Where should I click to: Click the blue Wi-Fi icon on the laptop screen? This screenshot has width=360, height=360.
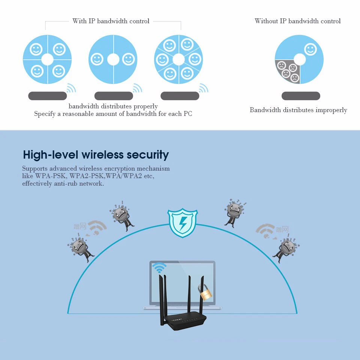coord(159,268)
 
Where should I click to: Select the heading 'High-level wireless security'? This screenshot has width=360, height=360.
coord(96,154)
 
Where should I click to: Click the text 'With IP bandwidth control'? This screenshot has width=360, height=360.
coord(111,21)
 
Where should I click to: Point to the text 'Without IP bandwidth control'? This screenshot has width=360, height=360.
coord(297,21)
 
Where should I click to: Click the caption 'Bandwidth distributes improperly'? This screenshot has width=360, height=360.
coord(298,110)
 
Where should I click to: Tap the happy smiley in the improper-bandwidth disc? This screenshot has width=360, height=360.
coord(310,49)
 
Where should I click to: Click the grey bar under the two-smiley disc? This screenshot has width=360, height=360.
coord(113,96)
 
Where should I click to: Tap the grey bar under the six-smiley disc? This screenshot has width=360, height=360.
coord(180,96)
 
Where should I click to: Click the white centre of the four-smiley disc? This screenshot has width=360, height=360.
coord(47,59)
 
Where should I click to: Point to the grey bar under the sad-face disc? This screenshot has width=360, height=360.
coord(301,96)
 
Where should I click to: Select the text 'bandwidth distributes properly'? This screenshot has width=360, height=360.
coord(113,106)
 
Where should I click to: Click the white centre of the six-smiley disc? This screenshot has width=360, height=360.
coord(178,59)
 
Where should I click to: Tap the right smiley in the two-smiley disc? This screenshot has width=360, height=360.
coord(128,59)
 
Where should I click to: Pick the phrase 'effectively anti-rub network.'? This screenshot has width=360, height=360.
coord(63,183)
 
